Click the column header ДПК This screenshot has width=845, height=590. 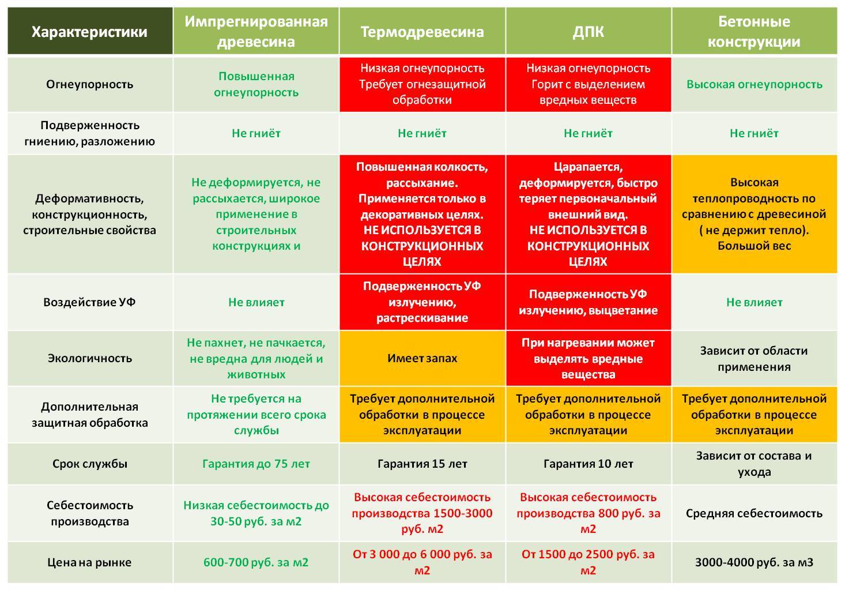pos(588,32)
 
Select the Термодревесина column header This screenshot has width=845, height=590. pos(422,32)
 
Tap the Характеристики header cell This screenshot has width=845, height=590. pos(89,32)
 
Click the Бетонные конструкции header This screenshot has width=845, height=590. pos(753,32)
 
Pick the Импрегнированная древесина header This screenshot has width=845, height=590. pos(256,32)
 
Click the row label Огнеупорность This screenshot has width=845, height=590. pos(89,84)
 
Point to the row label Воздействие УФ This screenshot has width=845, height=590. pos(89,302)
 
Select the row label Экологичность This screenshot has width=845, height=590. pos(89,358)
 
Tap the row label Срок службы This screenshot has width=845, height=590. pos(89,464)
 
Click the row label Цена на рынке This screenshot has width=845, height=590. pos(89,562)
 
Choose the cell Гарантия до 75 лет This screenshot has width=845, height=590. pos(256,464)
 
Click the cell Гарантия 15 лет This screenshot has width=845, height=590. pos(422,464)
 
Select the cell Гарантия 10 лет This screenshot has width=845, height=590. pos(588,464)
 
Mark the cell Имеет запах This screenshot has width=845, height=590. pos(422,358)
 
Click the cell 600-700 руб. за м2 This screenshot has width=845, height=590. pos(256,562)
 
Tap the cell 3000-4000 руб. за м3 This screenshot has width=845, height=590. pos(753,562)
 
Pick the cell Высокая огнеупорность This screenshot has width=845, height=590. pos(753,84)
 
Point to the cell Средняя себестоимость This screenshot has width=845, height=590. pos(753,513)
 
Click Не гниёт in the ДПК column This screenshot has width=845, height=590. pos(588,133)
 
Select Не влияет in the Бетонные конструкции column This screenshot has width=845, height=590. pos(753,302)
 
